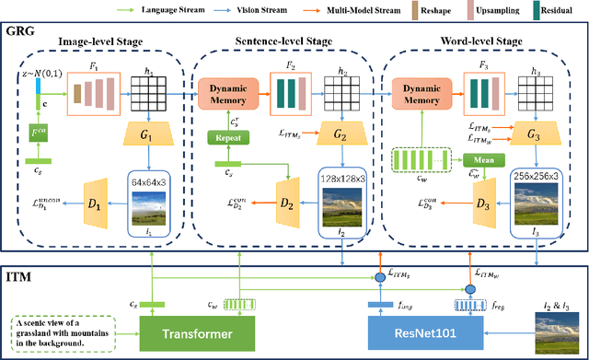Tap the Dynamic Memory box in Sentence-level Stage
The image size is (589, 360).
click(x=231, y=91)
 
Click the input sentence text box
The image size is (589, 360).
click(x=74, y=330)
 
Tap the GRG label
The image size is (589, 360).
click(x=20, y=31)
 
